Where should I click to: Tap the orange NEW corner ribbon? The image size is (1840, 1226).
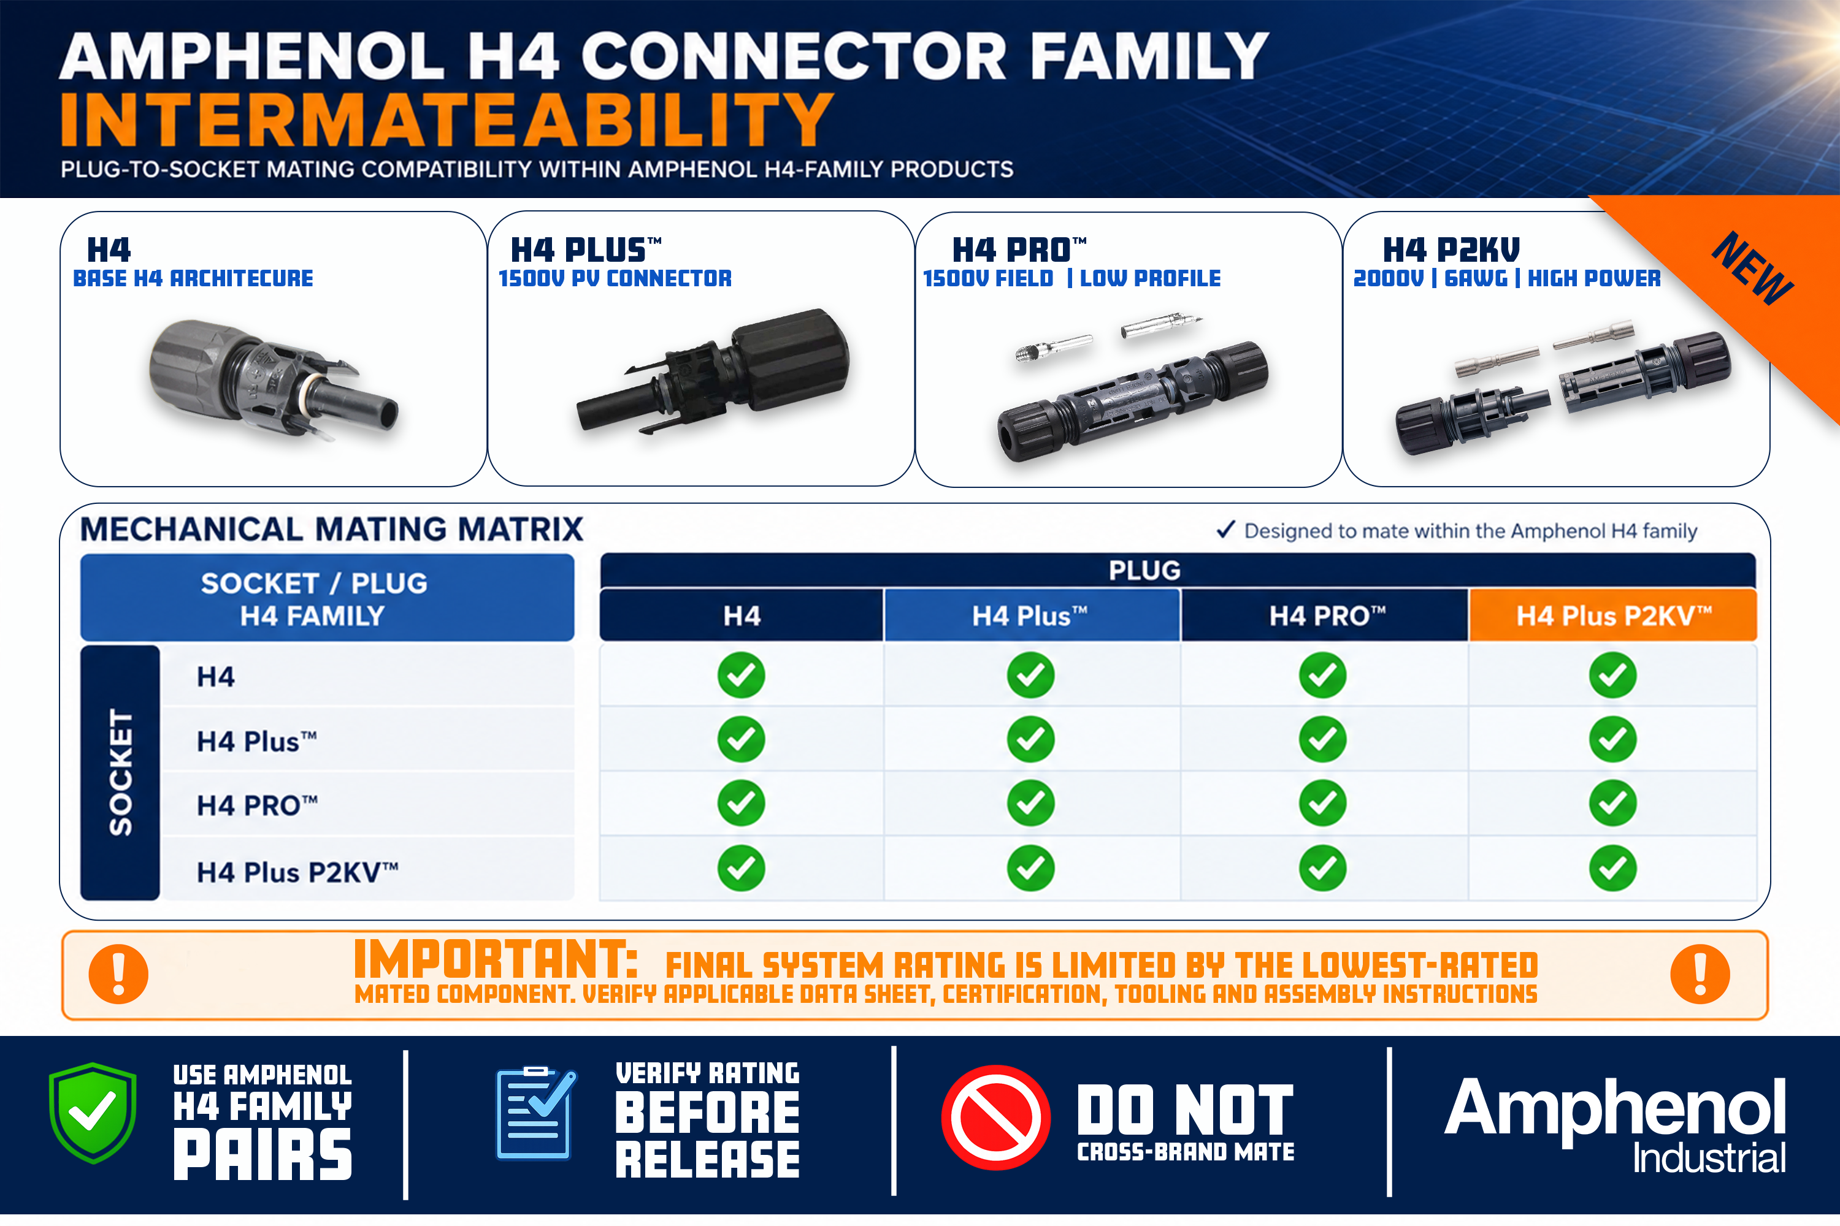(x=1752, y=269)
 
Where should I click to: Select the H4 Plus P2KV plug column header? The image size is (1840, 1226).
(x=1613, y=616)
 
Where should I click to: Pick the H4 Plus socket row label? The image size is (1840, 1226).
(x=256, y=741)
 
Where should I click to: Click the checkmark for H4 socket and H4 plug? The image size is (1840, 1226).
(x=741, y=675)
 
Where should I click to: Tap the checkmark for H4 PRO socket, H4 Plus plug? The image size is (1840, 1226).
(x=1030, y=803)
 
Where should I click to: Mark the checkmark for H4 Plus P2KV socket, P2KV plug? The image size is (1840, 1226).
(x=1612, y=868)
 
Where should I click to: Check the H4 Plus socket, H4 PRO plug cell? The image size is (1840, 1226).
(x=1322, y=739)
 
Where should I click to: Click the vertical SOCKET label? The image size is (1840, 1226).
(x=120, y=772)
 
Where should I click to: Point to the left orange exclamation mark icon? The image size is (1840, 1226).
(x=118, y=974)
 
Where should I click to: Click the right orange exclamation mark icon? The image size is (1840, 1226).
(x=1700, y=974)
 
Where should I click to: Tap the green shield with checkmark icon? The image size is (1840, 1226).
(x=93, y=1113)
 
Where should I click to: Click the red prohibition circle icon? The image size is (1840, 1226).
(x=996, y=1117)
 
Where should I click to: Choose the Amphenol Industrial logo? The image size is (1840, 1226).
(x=1616, y=1124)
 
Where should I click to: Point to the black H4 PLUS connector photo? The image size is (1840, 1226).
(x=713, y=370)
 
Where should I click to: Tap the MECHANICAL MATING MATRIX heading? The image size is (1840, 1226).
(x=332, y=530)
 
